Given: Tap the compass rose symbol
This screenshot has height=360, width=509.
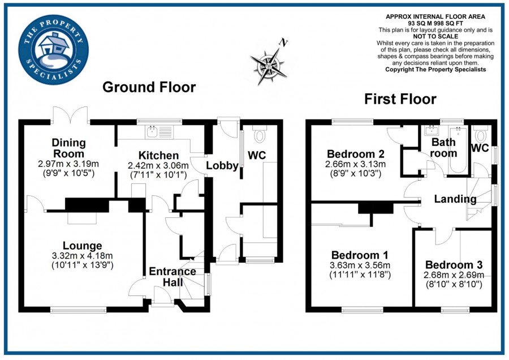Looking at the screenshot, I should point(267,62).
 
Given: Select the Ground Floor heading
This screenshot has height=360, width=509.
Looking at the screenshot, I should point(149,87).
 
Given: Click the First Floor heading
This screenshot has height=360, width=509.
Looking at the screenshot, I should point(400,100).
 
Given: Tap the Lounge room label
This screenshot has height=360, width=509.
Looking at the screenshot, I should point(83,246).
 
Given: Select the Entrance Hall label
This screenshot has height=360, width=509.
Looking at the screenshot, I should point(172,277).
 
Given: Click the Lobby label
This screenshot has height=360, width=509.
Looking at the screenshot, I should point(222,166).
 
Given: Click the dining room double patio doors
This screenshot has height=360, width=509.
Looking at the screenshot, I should point(70,115).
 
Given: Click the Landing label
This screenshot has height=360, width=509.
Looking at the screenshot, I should point(455,199).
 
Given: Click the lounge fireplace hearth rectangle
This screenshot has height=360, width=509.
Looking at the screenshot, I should point(83,217).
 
